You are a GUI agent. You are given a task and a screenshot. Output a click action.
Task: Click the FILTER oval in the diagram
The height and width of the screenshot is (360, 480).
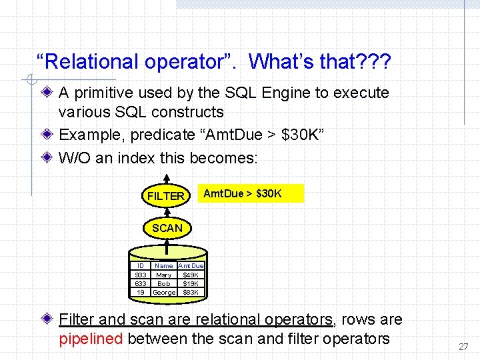(x=165, y=196)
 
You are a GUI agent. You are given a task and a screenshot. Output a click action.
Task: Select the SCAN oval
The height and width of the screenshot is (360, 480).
(x=167, y=228)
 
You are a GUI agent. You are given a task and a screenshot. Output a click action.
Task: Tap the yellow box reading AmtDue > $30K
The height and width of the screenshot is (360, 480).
(x=252, y=193)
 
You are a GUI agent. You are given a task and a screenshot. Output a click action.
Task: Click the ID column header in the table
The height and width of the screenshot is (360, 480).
(x=141, y=266)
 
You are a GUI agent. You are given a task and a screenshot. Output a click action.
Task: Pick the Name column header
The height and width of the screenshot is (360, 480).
(x=163, y=266)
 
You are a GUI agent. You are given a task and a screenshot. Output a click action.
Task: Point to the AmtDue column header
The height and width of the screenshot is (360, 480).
(x=191, y=266)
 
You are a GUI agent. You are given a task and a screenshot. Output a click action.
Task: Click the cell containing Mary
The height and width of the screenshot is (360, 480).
(x=163, y=275)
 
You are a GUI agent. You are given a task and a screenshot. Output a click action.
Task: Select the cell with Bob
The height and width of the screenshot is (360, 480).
(x=163, y=283)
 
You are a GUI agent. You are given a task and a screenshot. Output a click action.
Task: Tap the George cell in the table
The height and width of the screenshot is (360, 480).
(x=164, y=292)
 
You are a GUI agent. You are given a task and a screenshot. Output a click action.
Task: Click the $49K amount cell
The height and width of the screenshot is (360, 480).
(x=191, y=275)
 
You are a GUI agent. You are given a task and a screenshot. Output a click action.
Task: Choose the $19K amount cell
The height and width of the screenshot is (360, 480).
(x=191, y=283)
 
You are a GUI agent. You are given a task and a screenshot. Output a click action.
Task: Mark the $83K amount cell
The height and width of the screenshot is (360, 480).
(x=191, y=292)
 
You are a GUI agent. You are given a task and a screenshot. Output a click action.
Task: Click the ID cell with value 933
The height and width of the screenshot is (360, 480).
(x=141, y=275)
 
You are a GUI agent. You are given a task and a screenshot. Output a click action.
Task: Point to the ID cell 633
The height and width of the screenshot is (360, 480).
(x=141, y=283)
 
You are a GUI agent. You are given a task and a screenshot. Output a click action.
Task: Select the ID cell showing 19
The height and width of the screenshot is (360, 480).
(x=141, y=292)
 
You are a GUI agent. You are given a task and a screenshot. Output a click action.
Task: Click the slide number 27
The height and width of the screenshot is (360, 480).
(x=463, y=347)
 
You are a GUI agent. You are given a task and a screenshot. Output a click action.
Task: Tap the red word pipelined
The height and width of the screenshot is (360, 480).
(x=91, y=339)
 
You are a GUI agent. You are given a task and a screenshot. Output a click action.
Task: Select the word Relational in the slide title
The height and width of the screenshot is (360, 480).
(x=88, y=63)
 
